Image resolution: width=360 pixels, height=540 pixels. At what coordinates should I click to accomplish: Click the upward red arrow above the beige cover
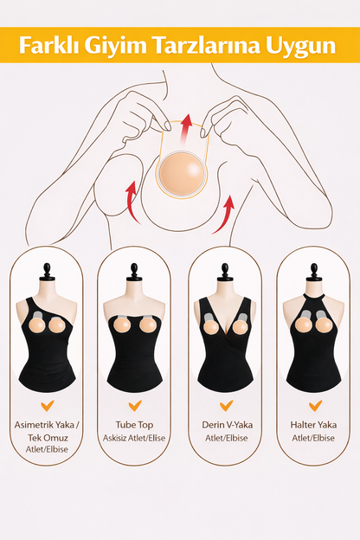(x=186, y=130)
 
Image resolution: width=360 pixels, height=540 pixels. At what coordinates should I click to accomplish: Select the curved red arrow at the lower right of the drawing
(x=224, y=215)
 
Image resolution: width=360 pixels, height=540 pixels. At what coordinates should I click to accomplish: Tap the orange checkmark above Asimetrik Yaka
(x=48, y=405)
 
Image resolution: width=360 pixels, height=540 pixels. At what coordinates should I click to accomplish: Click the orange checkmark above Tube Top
(x=135, y=405)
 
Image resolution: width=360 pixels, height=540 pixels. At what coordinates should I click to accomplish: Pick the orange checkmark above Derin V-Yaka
(x=227, y=405)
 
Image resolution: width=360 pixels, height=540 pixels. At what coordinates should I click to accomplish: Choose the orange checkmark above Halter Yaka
(x=315, y=405)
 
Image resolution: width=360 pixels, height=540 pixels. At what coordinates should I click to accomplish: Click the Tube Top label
(x=134, y=425)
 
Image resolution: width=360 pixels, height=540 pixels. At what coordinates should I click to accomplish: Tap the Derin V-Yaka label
(x=228, y=425)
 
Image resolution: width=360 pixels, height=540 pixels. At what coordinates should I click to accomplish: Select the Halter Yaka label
(x=313, y=425)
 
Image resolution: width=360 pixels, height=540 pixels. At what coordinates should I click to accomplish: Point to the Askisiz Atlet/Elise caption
(x=134, y=438)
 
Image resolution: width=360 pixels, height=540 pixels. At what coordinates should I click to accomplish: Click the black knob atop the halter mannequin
(x=314, y=272)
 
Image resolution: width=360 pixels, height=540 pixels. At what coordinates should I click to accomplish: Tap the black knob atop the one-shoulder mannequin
(x=48, y=272)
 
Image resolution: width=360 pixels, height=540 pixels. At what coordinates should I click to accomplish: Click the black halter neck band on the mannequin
(x=314, y=296)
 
